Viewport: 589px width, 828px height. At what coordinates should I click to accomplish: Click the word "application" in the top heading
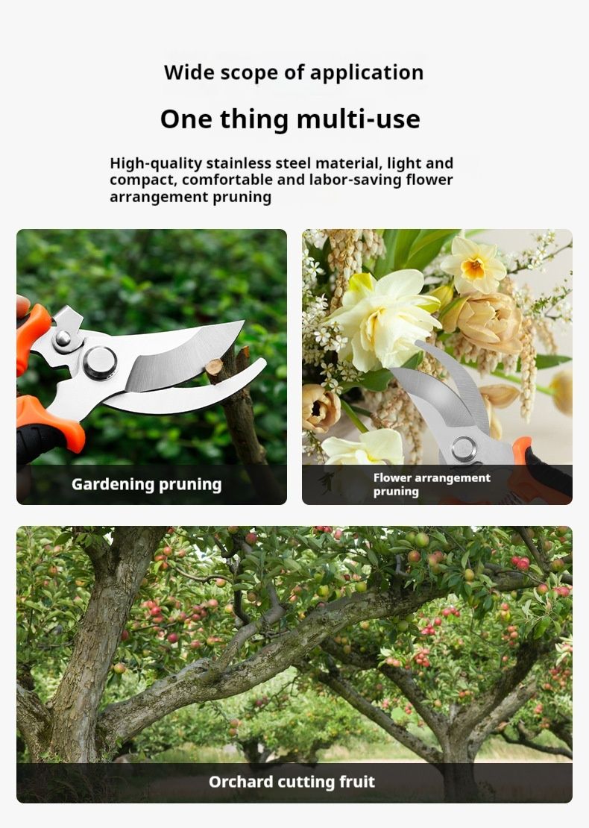pyautogui.click(x=366, y=73)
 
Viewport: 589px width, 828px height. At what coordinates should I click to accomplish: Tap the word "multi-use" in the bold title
pyautogui.click(x=359, y=119)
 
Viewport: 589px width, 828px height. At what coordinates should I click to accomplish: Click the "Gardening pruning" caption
pyautogui.click(x=146, y=485)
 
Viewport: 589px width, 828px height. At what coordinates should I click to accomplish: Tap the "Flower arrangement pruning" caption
pyautogui.click(x=432, y=485)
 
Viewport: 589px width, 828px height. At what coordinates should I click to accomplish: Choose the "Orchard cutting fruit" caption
pyautogui.click(x=292, y=782)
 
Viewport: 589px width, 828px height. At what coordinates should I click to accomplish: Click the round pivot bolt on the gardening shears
pyautogui.click(x=100, y=363)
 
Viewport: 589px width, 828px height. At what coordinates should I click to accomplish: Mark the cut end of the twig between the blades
pyautogui.click(x=214, y=366)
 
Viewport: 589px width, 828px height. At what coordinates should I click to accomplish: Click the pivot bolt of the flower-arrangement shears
pyautogui.click(x=464, y=449)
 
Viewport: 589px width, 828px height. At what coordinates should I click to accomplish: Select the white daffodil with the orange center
pyautogui.click(x=473, y=265)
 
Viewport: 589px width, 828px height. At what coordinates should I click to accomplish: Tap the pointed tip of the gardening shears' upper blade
pyautogui.click(x=243, y=322)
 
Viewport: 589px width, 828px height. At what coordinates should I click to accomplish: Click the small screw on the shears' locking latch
pyautogui.click(x=63, y=338)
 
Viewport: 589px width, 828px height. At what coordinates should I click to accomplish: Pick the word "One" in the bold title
pyautogui.click(x=185, y=119)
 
